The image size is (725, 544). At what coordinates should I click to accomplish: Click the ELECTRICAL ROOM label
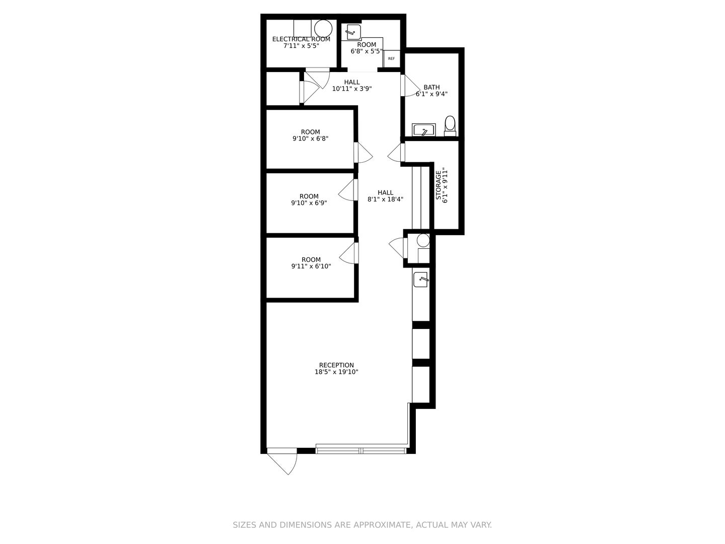(x=301, y=39)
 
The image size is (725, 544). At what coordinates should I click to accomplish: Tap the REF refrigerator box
(x=391, y=58)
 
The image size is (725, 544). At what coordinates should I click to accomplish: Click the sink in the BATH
(x=423, y=130)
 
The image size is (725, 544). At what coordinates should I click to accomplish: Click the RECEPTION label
(x=336, y=365)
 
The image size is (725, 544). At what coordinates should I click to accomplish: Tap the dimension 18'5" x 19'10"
(x=336, y=372)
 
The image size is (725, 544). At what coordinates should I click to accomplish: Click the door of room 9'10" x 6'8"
(x=364, y=153)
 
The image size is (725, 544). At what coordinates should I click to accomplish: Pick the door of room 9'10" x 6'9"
(x=347, y=190)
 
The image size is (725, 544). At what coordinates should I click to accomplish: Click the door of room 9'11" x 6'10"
(x=348, y=253)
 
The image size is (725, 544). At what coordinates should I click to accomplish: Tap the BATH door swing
(x=410, y=86)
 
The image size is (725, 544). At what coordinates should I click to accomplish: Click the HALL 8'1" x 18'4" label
(x=385, y=192)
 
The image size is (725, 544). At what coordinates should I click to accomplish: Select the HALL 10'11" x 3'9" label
(x=352, y=82)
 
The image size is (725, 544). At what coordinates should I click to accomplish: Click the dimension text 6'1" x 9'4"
(x=431, y=94)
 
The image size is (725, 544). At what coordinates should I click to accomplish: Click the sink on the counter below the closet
(x=420, y=279)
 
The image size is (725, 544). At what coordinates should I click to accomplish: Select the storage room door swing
(x=396, y=153)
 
